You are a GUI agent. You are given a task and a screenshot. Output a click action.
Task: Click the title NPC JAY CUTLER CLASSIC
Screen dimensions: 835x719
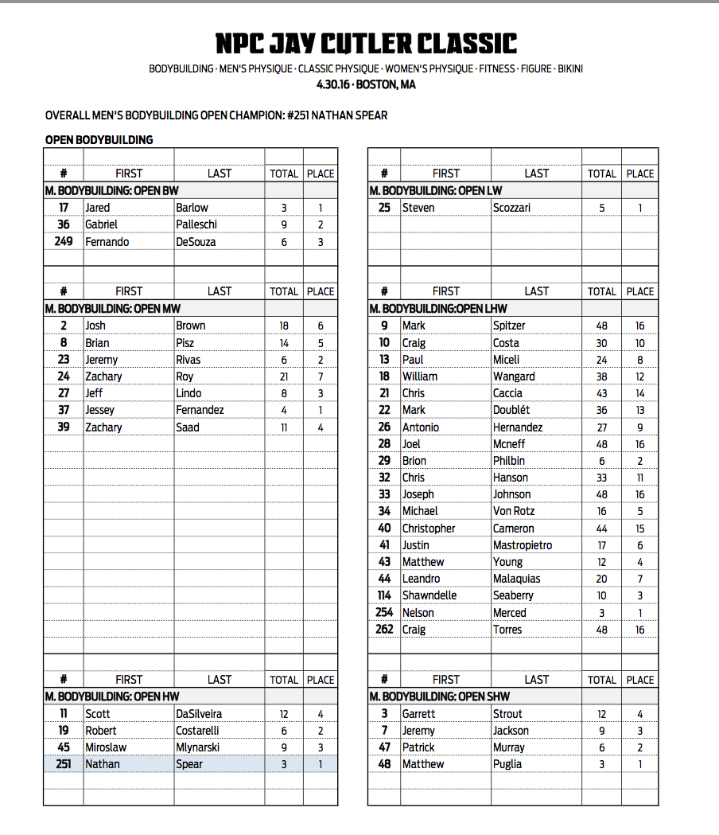[366, 43]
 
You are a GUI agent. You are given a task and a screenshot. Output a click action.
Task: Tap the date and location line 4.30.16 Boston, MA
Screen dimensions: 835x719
[366, 84]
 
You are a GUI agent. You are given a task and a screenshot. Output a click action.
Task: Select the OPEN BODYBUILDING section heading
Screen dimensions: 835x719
[99, 140]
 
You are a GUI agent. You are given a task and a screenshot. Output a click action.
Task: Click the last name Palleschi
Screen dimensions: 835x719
[196, 224]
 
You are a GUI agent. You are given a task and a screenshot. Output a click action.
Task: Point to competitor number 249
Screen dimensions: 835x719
[64, 242]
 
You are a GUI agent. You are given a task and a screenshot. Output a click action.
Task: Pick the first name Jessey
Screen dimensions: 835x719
[99, 410]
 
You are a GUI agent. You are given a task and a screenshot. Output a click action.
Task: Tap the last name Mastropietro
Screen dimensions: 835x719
[522, 545]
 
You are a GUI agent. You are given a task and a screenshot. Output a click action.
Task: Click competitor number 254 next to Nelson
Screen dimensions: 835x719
[384, 613]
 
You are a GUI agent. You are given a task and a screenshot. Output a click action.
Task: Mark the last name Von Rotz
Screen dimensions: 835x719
[514, 511]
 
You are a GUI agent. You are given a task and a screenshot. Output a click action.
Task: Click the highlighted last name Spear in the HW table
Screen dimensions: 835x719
[189, 764]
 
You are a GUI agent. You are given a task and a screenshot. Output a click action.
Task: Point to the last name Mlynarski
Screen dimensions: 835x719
[198, 747]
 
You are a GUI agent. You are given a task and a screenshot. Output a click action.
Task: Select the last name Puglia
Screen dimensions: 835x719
[507, 764]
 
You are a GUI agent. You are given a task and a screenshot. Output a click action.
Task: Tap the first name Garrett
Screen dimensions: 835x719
[418, 714]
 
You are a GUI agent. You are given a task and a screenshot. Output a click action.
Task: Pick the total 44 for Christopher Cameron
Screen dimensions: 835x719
[601, 529]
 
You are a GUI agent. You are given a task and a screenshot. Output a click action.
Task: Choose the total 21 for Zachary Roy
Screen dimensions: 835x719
[284, 377]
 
